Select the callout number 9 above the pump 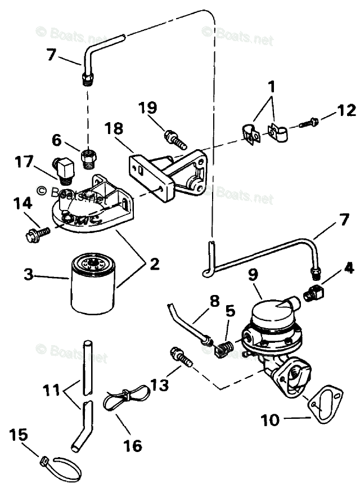pyautogui.click(x=254, y=275)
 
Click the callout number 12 pyautogui.click(x=346, y=109)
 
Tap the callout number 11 pyautogui.click(x=53, y=390)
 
